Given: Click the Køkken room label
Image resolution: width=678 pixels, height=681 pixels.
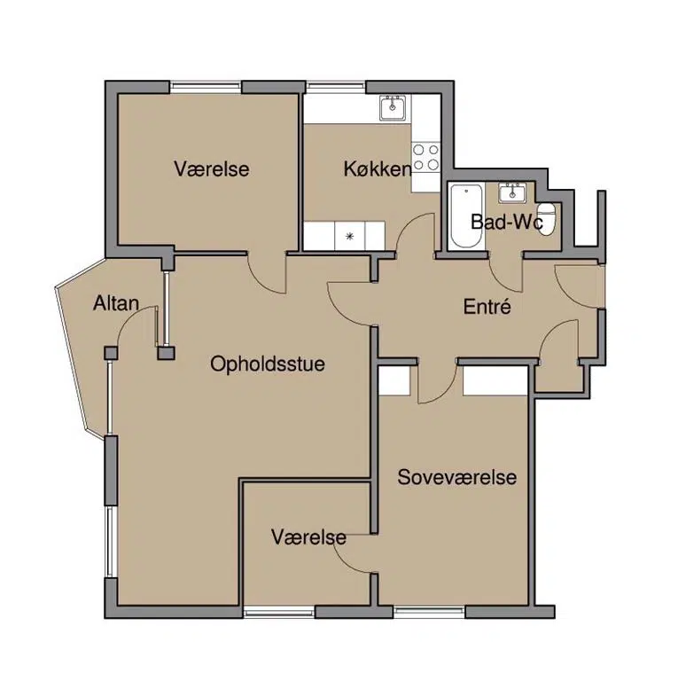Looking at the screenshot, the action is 378,169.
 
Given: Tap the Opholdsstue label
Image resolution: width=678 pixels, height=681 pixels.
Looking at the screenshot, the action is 268,364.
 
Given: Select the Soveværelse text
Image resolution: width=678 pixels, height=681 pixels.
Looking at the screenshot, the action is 457,477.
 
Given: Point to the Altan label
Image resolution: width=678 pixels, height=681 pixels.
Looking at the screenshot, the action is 116,303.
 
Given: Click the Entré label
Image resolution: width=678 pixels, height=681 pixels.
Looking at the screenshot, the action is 487,307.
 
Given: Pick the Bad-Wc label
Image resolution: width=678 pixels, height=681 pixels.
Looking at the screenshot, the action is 507,223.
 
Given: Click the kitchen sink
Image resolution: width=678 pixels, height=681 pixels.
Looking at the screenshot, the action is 394,107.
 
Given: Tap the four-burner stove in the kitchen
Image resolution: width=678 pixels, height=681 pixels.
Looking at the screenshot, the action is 425,157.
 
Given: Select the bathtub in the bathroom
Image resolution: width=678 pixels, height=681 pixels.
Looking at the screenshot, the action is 466,216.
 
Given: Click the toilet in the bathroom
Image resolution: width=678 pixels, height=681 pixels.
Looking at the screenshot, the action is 547,218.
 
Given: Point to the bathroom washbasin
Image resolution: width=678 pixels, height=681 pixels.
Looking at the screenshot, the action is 512,192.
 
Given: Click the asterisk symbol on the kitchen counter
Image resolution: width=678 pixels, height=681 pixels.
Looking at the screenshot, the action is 350,237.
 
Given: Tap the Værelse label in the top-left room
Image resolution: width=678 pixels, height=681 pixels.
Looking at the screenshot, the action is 212,168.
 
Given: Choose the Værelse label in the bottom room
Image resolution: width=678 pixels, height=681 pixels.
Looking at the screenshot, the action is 309,537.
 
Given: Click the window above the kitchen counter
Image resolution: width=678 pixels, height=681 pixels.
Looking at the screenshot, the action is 336,87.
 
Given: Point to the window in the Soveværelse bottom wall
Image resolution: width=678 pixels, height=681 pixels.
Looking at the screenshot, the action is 429,612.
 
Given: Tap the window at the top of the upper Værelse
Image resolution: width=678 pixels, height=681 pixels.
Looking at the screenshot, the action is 206,87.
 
